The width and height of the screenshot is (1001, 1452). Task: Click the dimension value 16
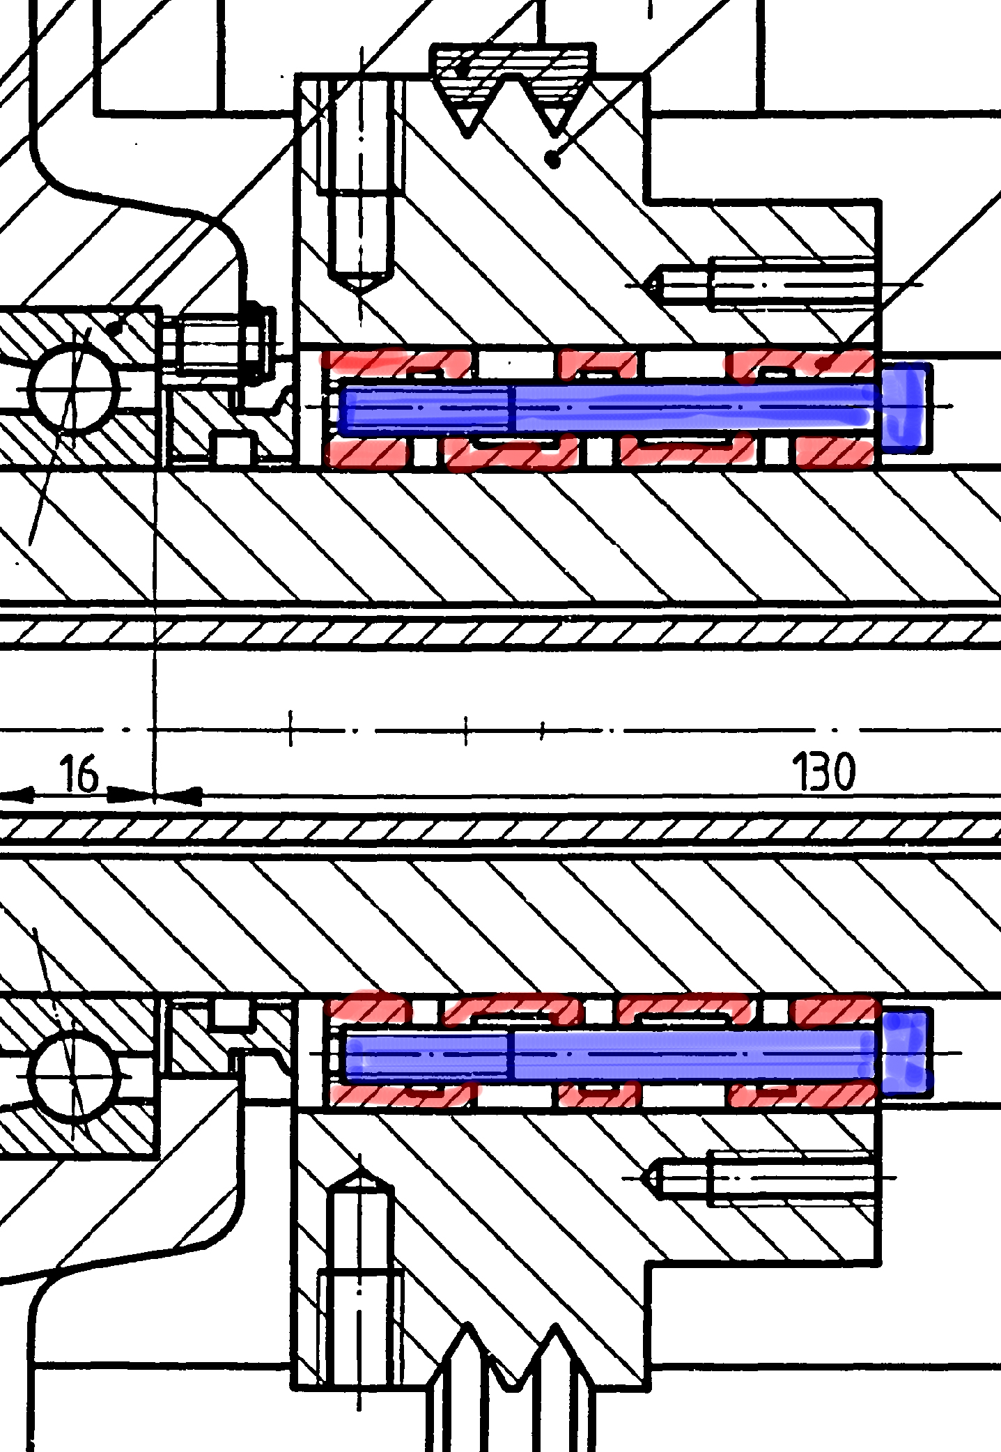tap(79, 775)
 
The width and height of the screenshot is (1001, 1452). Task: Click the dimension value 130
tap(823, 773)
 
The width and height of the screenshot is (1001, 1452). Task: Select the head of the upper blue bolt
tap(906, 404)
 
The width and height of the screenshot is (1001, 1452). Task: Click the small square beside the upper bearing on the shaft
tap(233, 449)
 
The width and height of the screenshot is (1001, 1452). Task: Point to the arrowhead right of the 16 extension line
tap(178, 794)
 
